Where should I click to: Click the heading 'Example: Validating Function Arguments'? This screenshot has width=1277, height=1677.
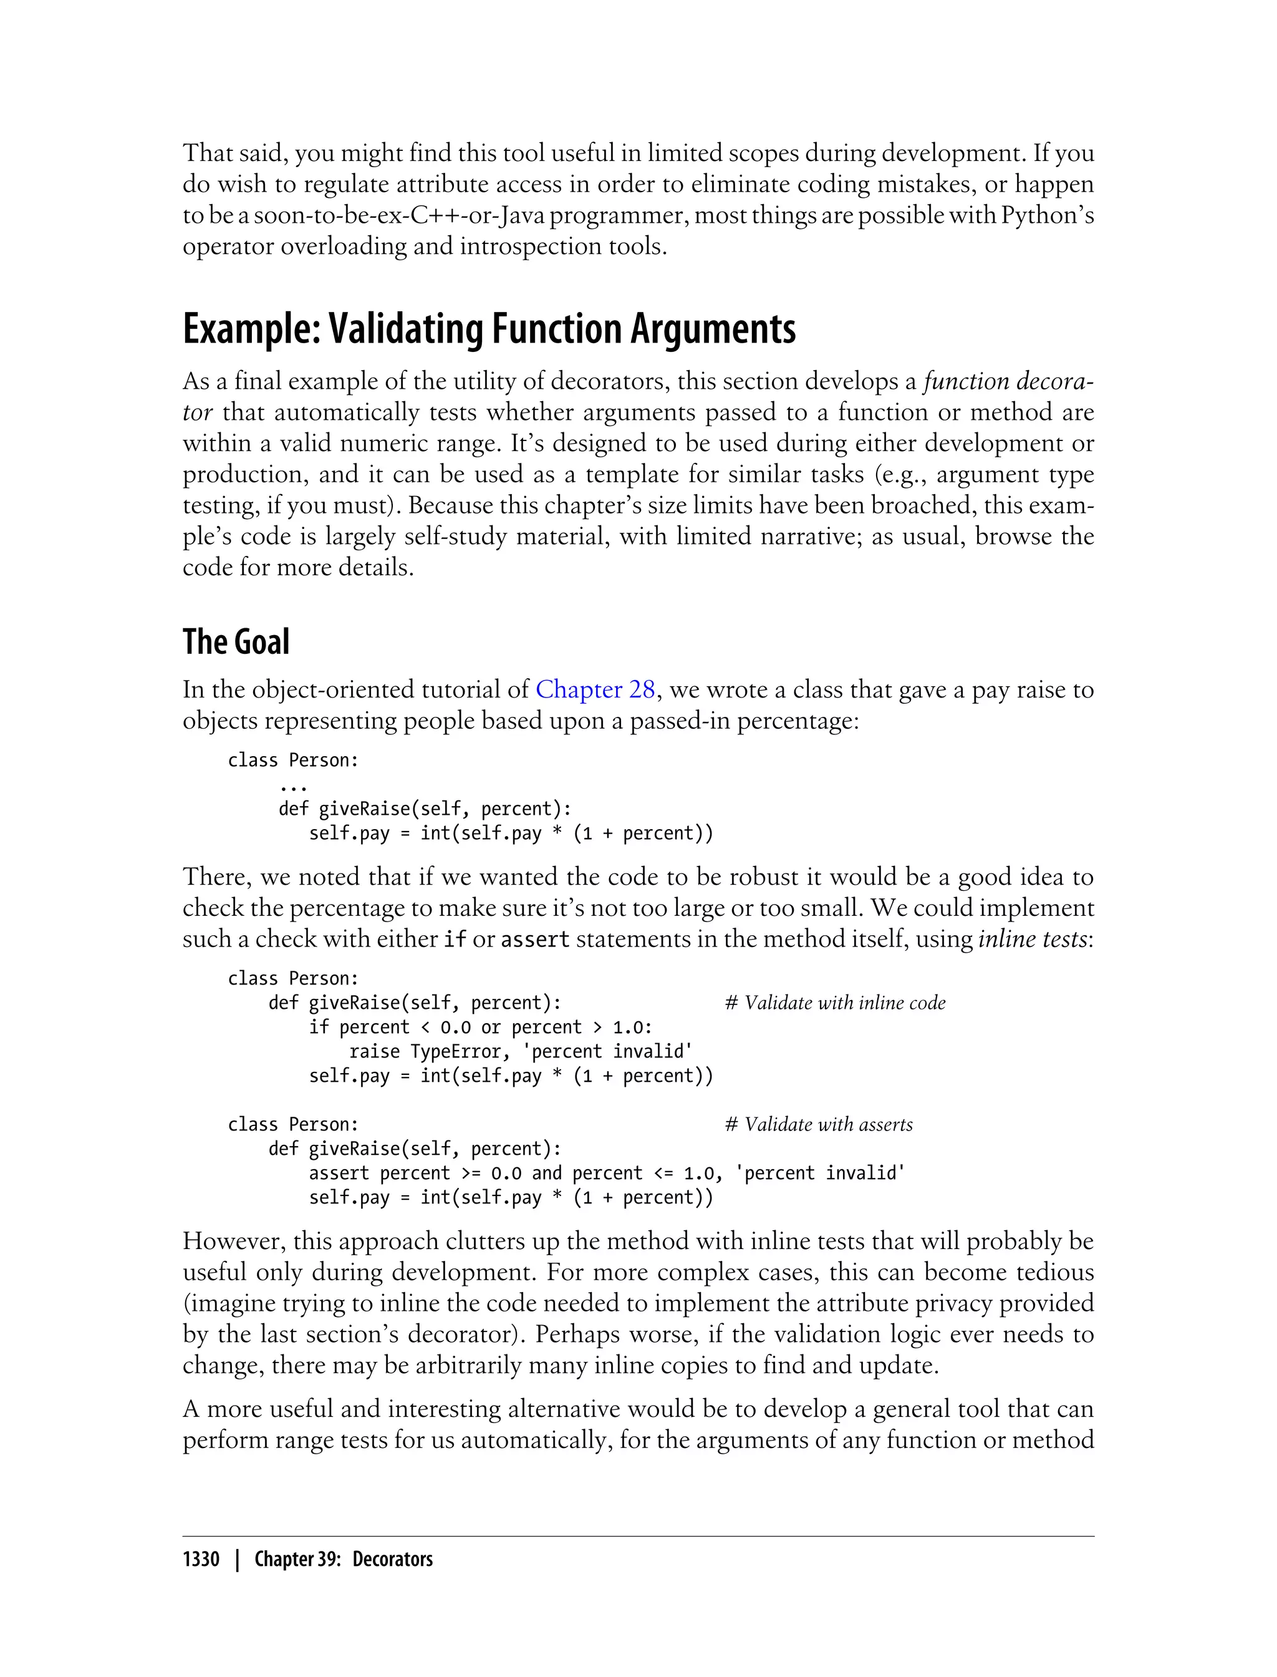tap(489, 329)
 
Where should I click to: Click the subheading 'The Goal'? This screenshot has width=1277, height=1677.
tap(236, 642)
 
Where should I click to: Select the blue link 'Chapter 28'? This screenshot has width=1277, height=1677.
tap(595, 690)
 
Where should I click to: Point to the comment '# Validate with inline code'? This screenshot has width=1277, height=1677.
tap(835, 1003)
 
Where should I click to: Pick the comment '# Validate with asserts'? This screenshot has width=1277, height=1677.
tap(819, 1125)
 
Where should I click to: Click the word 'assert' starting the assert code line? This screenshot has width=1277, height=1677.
tap(338, 1174)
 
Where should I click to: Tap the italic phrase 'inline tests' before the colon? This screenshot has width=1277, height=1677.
tap(1032, 940)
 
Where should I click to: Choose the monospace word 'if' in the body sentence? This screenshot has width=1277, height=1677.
tap(454, 940)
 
